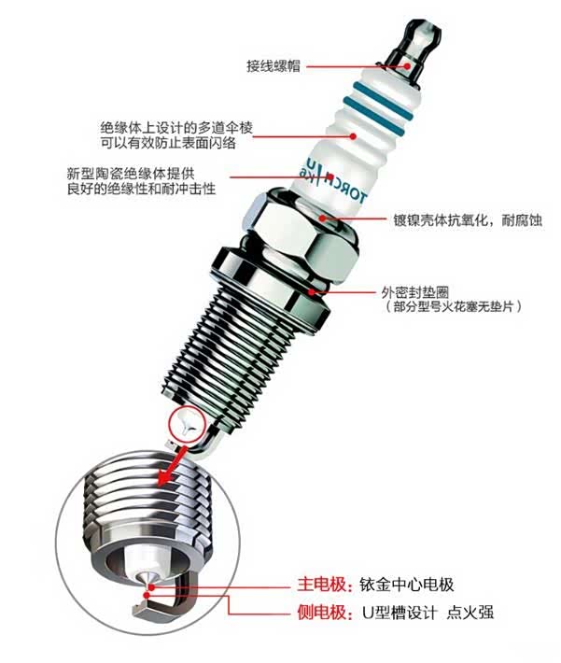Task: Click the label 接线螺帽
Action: (273, 66)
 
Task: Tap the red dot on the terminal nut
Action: (407, 66)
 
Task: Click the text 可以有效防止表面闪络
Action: (168, 144)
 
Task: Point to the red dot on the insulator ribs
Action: (354, 136)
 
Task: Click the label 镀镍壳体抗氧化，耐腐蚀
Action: (468, 220)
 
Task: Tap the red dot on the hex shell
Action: (323, 219)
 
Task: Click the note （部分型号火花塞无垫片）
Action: (453, 306)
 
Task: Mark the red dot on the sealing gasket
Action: (312, 291)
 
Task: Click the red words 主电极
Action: (321, 585)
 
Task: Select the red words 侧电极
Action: (321, 613)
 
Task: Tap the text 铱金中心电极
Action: (407, 585)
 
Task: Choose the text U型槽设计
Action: (400, 613)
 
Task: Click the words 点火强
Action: (470, 613)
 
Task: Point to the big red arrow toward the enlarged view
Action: (170, 467)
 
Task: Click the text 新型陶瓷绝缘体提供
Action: (131, 174)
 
